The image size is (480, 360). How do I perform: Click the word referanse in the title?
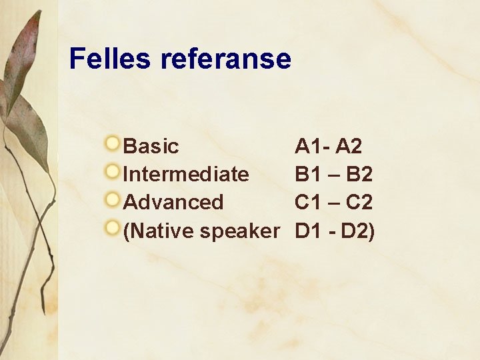226,59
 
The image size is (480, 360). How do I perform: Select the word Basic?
151,145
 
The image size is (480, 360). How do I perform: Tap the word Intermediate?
186,174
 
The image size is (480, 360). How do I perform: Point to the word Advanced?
173,202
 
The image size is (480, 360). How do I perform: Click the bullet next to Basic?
114,143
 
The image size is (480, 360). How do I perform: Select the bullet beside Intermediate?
114,172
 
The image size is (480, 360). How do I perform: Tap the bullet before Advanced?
114,200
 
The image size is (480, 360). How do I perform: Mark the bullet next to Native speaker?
114,229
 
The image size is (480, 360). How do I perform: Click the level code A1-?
311,145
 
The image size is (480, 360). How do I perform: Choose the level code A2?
349,145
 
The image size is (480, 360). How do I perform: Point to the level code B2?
359,174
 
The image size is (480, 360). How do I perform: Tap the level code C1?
308,202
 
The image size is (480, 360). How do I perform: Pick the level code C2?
359,202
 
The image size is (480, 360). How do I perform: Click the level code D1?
308,231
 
